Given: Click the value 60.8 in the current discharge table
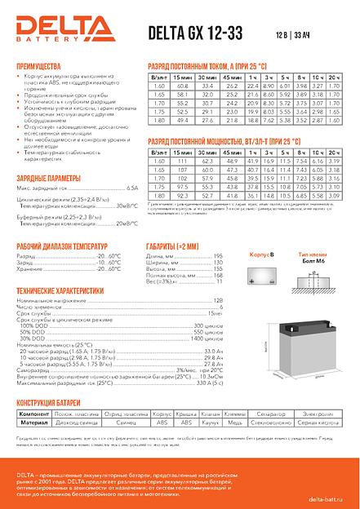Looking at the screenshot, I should pos(182,86).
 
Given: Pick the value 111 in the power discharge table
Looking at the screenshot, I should pos(182,161).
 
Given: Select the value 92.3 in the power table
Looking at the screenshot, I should pos(182,196).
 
